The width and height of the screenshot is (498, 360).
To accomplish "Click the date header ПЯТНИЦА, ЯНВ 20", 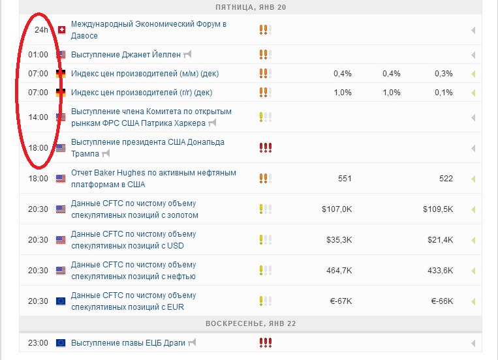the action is [251, 7].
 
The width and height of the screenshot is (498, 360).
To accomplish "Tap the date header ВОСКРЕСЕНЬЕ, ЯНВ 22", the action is [251, 323].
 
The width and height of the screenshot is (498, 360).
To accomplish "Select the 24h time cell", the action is [41, 30].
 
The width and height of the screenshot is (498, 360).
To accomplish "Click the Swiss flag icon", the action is [61, 30].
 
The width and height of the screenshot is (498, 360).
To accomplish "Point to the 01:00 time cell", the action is [38, 55].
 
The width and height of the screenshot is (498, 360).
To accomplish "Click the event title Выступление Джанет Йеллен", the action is [126, 55].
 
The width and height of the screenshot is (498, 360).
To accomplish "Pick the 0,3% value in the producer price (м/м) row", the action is [444, 74].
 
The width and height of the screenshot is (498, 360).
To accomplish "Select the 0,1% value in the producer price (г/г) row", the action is [444, 93].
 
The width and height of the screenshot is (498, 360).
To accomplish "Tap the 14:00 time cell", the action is [38, 117].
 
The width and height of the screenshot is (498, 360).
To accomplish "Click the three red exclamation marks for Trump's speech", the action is [266, 147].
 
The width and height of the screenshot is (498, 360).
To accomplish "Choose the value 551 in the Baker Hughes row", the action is [345, 179].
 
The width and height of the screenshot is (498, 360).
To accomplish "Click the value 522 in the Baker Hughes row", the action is [446, 179].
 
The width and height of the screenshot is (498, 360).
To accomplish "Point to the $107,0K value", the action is [337, 209].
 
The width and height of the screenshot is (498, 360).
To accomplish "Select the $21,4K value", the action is [440, 240].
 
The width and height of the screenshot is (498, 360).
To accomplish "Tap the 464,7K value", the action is [339, 271].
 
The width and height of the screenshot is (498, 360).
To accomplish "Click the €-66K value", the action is [442, 301].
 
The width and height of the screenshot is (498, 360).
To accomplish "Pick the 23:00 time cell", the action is [38, 343].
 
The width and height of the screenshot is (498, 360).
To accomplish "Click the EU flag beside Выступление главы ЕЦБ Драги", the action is [61, 343].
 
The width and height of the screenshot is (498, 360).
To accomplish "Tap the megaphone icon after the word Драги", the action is [192, 342].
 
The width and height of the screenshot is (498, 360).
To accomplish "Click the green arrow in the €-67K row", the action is [473, 301].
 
